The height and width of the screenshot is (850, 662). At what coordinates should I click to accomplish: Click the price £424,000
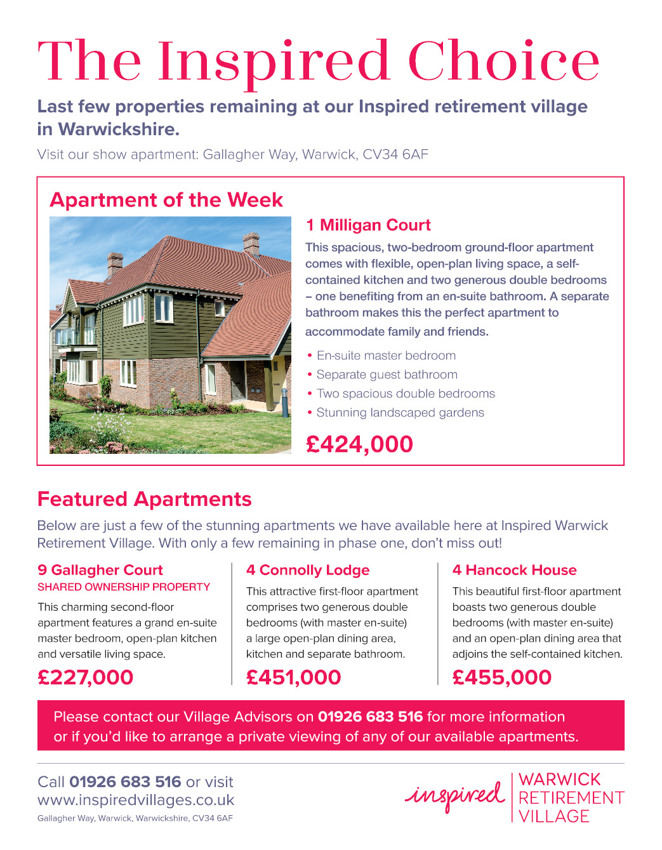(x=359, y=444)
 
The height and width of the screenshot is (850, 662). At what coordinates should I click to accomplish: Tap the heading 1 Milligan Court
(x=368, y=225)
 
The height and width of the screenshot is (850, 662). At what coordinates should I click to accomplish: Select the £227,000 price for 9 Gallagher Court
(x=86, y=677)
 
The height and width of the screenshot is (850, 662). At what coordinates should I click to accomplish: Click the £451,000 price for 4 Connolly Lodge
(x=294, y=677)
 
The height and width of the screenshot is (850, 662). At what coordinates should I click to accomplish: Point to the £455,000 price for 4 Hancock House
(x=502, y=677)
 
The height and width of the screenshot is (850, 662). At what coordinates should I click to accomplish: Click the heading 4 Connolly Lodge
(x=308, y=570)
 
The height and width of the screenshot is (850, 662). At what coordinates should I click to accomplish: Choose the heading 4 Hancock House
(x=515, y=570)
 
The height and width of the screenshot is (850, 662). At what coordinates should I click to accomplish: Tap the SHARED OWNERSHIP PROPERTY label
(x=124, y=587)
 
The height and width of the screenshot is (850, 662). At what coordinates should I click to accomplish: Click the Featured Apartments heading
(x=145, y=500)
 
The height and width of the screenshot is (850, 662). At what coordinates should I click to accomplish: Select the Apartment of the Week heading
(x=166, y=200)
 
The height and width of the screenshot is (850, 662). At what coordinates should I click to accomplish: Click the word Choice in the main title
(x=503, y=62)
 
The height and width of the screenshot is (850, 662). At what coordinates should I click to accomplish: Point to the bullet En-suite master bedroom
(x=386, y=356)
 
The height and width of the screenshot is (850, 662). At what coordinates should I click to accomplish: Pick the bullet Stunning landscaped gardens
(x=400, y=413)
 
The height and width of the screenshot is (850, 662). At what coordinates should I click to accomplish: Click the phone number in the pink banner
(x=370, y=717)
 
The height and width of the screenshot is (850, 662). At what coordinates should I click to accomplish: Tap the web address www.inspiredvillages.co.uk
(x=136, y=800)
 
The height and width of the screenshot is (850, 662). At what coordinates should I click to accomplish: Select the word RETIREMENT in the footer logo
(x=571, y=798)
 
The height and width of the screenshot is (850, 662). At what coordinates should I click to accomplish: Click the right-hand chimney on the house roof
(x=251, y=243)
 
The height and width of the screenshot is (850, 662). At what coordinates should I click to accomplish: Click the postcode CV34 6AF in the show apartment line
(x=395, y=155)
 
